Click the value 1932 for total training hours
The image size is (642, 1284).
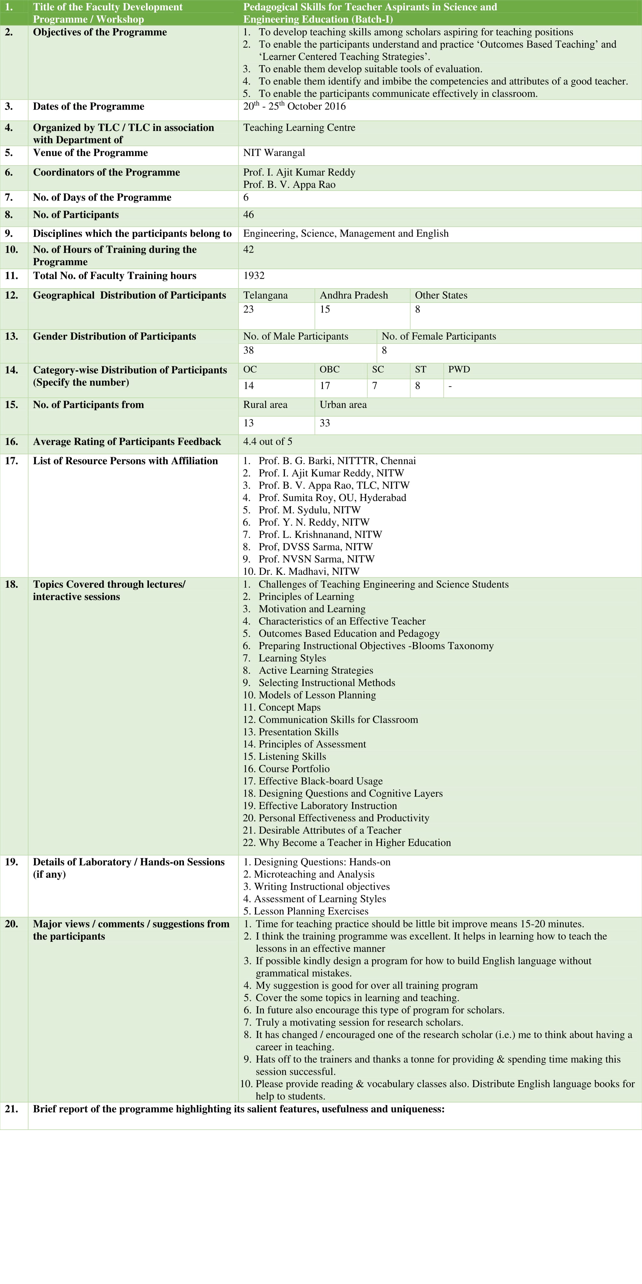[x=254, y=276]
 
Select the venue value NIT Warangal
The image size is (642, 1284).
[x=273, y=152]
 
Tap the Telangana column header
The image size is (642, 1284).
[x=265, y=295]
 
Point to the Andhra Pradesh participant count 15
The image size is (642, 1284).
[x=325, y=309]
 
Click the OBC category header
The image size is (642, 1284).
[x=329, y=369]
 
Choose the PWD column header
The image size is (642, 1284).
[x=459, y=369]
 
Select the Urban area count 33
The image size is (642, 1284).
[x=325, y=423]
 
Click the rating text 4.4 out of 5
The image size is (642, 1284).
[x=268, y=442]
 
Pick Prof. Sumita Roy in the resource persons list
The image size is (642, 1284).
[x=332, y=498]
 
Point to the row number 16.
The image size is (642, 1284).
[x=11, y=442]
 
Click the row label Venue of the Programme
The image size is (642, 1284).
[x=90, y=152]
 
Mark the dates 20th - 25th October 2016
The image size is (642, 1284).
[x=294, y=106]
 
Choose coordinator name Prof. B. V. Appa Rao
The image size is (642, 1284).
[x=289, y=185]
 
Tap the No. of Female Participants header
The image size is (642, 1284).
[x=438, y=336]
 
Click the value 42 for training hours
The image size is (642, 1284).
[x=248, y=249]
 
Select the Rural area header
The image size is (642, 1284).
[x=265, y=405]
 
